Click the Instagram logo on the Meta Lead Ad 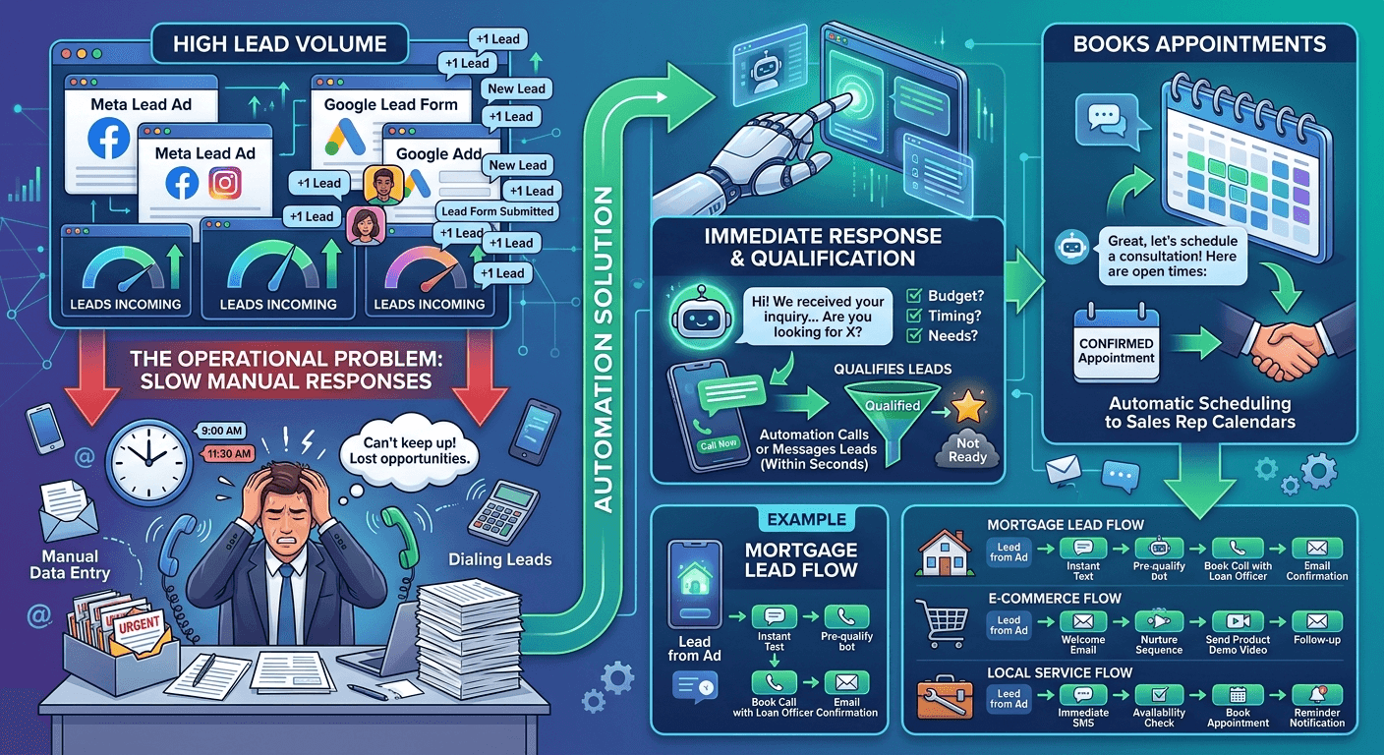point(226,182)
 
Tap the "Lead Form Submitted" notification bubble point(497,211)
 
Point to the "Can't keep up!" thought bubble point(409,451)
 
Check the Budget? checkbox point(912,295)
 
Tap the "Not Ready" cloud point(968,450)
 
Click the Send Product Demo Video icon point(1238,622)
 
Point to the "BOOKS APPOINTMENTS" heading point(1199,44)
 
